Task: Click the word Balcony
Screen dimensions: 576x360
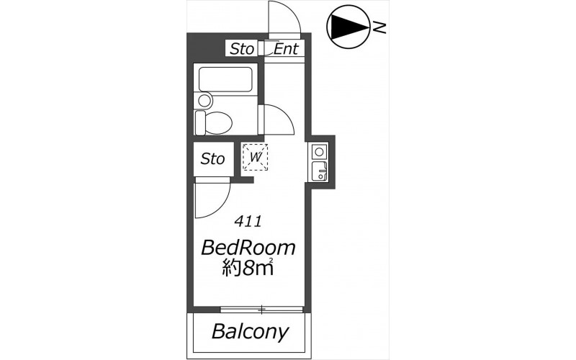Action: [x=250, y=333]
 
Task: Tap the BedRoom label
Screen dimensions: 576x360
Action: [x=248, y=248]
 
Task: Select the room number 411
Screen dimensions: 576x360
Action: [x=248, y=222]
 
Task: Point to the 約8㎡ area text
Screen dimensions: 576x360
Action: [x=248, y=268]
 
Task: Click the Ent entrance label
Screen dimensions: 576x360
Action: [x=286, y=48]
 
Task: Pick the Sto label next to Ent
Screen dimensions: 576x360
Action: [x=242, y=49]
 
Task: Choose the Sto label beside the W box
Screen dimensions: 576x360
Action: [x=212, y=159]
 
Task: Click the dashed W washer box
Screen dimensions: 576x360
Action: [x=255, y=157]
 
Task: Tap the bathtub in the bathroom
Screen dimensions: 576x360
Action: [x=225, y=79]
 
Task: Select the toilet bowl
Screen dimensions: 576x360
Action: [x=218, y=122]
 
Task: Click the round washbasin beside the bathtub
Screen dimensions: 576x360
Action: [x=204, y=100]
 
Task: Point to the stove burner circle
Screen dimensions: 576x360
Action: [x=319, y=152]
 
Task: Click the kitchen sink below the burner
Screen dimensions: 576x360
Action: [x=320, y=171]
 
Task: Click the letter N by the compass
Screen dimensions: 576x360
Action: [x=379, y=27]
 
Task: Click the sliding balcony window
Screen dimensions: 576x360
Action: [x=261, y=310]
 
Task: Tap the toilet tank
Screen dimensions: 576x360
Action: [x=200, y=122]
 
